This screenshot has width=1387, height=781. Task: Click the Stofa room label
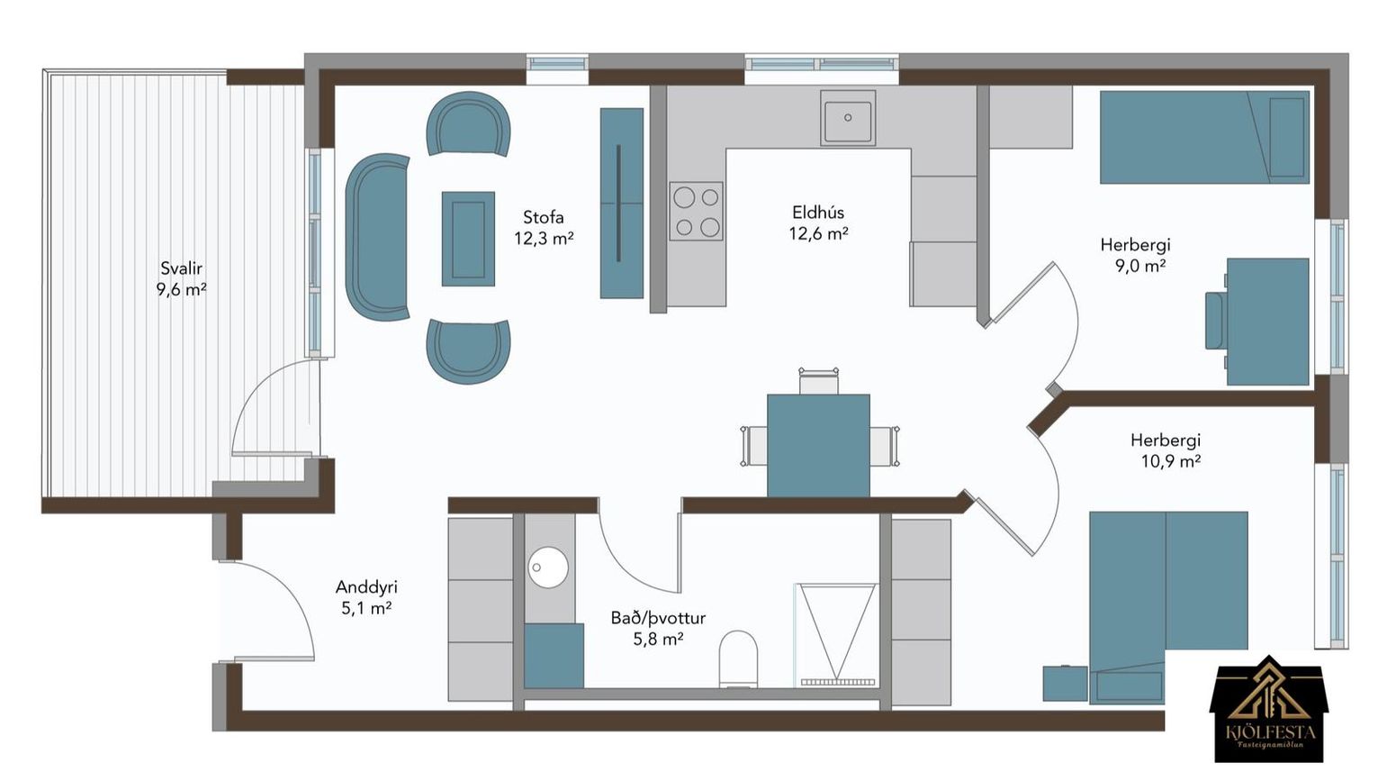point(544,218)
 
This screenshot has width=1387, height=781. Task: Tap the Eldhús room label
point(818,213)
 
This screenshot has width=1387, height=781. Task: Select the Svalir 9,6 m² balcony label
point(182,279)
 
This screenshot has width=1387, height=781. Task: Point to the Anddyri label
point(366,587)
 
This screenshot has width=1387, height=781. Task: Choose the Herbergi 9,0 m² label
point(1136,255)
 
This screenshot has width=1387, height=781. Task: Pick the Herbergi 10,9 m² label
point(1166,450)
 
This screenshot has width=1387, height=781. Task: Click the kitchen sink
point(848,118)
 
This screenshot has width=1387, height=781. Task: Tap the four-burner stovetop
point(696,212)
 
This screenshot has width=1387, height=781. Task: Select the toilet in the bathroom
point(739,658)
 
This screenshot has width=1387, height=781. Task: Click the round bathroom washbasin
point(548,568)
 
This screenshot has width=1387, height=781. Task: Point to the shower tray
point(837,635)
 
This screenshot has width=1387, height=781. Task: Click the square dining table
point(818,445)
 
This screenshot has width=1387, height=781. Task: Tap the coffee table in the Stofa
point(468,240)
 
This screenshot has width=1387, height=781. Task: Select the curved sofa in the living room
point(376,237)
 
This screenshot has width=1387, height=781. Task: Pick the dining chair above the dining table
point(818,380)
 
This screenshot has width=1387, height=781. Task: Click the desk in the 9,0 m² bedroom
point(1268,322)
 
